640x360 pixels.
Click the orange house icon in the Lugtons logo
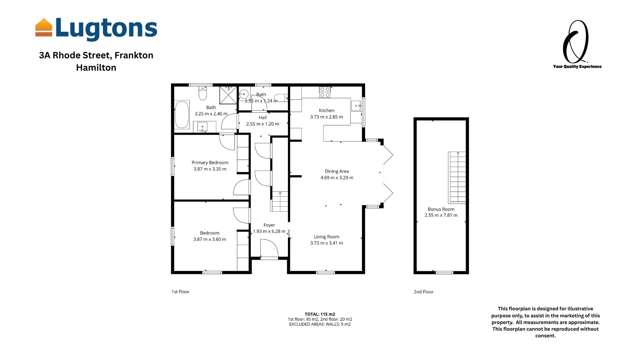pyautogui.click(x=44, y=27)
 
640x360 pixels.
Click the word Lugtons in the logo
pyautogui.click(x=107, y=27)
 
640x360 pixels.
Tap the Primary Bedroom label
pyautogui.click(x=211, y=162)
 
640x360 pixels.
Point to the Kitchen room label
pyautogui.click(x=327, y=110)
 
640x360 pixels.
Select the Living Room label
pyautogui.click(x=326, y=236)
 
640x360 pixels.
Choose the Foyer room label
pyautogui.click(x=270, y=225)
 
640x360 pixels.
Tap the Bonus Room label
pyautogui.click(x=440, y=209)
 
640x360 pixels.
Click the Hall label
pyautogui.click(x=262, y=117)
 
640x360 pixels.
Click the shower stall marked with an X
pyautogui.click(x=229, y=95)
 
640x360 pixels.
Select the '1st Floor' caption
pyautogui.click(x=180, y=291)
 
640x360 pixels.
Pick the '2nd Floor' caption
pyautogui.click(x=423, y=291)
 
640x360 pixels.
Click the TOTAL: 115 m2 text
pyautogui.click(x=319, y=313)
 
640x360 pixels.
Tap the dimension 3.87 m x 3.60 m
pyautogui.click(x=211, y=240)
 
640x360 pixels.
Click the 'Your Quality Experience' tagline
pyautogui.click(x=577, y=67)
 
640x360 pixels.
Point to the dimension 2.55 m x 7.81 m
pyautogui.click(x=440, y=215)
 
